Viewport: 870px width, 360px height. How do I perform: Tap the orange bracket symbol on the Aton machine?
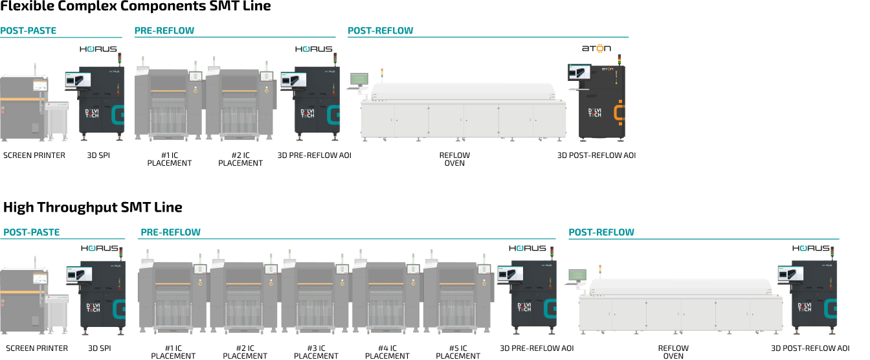619,111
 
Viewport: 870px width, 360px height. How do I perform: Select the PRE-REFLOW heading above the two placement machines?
164,30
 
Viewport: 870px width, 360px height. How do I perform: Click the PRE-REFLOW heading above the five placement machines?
170,232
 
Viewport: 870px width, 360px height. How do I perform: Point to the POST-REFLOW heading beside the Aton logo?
380,30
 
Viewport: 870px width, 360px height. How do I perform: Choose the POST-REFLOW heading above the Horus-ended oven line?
601,232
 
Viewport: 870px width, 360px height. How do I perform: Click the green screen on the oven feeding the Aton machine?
359,78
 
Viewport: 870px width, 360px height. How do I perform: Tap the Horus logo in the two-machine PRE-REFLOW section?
314,49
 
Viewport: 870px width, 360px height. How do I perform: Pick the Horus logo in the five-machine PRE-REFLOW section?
528,248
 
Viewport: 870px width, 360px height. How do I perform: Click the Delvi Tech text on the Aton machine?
595,112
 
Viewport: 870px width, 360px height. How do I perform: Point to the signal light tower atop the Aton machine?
619,58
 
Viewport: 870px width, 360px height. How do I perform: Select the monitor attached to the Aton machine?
579,72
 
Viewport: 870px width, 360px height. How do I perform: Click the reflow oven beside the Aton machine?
463,111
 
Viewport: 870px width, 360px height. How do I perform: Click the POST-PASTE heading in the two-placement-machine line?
28,30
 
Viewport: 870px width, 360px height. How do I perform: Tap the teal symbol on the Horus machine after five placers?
551,308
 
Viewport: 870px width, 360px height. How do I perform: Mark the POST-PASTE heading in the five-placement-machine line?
31,232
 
